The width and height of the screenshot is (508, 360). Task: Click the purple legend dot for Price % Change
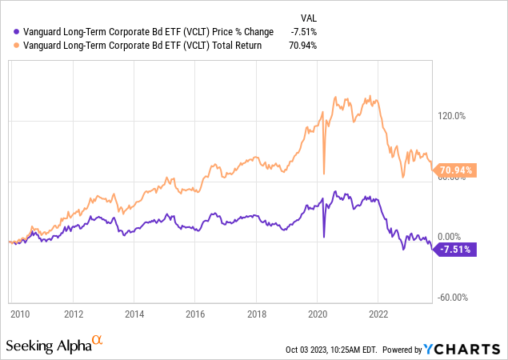9,31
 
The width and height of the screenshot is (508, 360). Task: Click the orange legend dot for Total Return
9,45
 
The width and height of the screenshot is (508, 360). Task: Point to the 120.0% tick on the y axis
450,115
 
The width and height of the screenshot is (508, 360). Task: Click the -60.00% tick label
451,298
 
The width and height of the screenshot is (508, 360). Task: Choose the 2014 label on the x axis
134,313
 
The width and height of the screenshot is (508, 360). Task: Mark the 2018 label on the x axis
256,313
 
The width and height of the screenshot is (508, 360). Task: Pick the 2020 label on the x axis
317,313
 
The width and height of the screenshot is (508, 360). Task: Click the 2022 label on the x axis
378,313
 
